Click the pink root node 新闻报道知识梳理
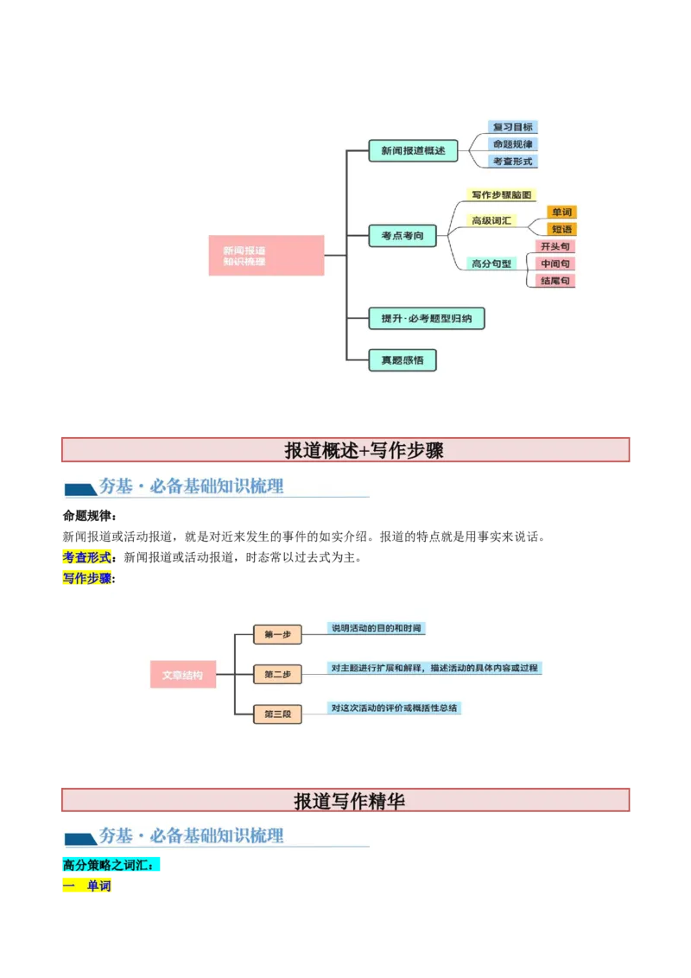pyautogui.click(x=266, y=255)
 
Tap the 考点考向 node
pyautogui.click(x=403, y=235)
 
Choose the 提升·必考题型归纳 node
pyautogui.click(x=426, y=318)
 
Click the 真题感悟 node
pyautogui.click(x=403, y=359)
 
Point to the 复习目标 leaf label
pyautogui.click(x=513, y=127)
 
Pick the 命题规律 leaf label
pyautogui.click(x=513, y=144)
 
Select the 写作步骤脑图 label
pyautogui.click(x=502, y=195)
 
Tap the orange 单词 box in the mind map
pyautogui.click(x=561, y=213)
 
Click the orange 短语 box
pyautogui.click(x=561, y=229)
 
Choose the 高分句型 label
pyautogui.click(x=492, y=264)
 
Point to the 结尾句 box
pyautogui.click(x=555, y=281)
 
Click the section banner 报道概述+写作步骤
pyautogui.click(x=345, y=450)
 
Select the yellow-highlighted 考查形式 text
pyautogui.click(x=87, y=557)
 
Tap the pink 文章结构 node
pyautogui.click(x=183, y=675)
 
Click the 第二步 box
pyautogui.click(x=277, y=674)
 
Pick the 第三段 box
pyautogui.click(x=277, y=714)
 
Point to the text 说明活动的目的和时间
pyautogui.click(x=377, y=628)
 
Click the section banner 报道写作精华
pyautogui.click(x=345, y=800)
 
